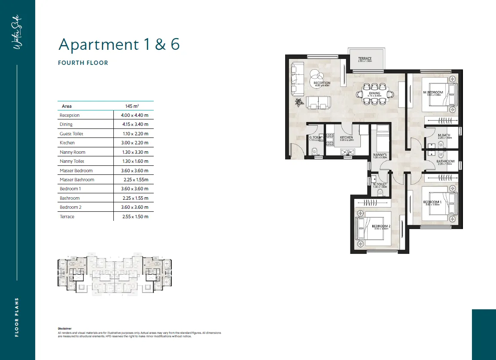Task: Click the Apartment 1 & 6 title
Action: (x=119, y=44)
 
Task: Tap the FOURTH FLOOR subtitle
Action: (x=83, y=63)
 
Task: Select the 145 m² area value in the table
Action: (x=131, y=106)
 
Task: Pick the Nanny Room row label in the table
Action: (x=73, y=152)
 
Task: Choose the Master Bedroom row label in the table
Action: (x=76, y=171)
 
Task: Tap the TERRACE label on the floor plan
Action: (x=365, y=59)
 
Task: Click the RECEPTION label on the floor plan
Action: (x=322, y=83)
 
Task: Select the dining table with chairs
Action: (x=374, y=97)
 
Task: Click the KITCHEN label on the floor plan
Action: (x=346, y=137)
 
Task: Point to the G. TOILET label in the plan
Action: (x=316, y=137)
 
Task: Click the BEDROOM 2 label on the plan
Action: (x=381, y=226)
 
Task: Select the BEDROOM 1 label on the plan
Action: (x=432, y=202)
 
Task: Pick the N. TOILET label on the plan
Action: (x=380, y=185)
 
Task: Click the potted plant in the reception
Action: (x=298, y=103)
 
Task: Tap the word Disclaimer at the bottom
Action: (x=64, y=328)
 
